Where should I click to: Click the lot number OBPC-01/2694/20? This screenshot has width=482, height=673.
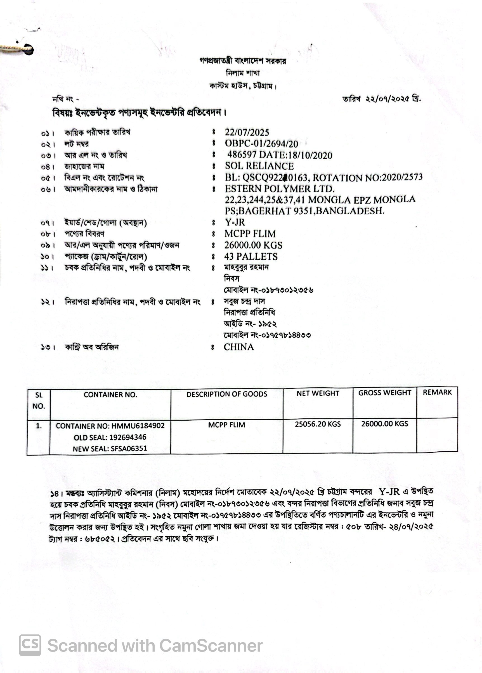(261, 144)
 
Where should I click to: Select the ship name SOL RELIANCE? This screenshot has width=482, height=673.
(259, 166)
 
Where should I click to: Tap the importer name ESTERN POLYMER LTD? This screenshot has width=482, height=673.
(279, 189)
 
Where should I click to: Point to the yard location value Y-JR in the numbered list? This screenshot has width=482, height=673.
(235, 222)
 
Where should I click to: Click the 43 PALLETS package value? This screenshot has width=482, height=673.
(251, 256)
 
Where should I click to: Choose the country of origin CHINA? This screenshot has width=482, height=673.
(239, 347)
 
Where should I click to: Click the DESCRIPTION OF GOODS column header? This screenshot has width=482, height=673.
(227, 394)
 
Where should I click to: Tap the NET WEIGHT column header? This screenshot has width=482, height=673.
(318, 393)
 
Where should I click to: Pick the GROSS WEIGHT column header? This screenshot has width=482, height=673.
(384, 393)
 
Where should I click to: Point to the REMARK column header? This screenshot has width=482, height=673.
(437, 392)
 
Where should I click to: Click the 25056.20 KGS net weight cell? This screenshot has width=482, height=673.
(318, 424)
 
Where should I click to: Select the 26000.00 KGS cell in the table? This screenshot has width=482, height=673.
(384, 423)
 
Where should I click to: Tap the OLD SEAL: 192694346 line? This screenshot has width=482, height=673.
(110, 437)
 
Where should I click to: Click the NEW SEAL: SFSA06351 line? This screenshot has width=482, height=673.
(110, 449)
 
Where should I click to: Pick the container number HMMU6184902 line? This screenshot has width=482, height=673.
(110, 426)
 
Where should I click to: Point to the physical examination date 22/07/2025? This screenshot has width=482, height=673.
(247, 132)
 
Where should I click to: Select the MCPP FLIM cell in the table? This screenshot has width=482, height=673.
(226, 425)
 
